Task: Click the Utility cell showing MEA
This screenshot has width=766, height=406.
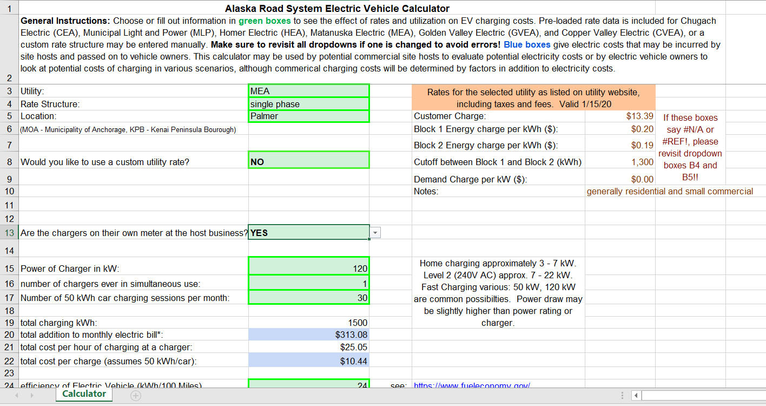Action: pyautogui.click(x=308, y=91)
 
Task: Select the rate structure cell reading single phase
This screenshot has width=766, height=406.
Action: pyautogui.click(x=308, y=104)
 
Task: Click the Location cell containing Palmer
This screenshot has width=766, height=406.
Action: pyautogui.click(x=308, y=116)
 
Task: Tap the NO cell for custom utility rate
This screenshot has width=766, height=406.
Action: pyautogui.click(x=308, y=161)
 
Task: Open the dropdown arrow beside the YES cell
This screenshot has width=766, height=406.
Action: pyautogui.click(x=375, y=233)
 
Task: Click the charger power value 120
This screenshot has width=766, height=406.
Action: pyautogui.click(x=308, y=269)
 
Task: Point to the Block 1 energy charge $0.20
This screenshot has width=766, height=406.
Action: pyautogui.click(x=642, y=129)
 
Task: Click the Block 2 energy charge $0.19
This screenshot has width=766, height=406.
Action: pyautogui.click(x=642, y=145)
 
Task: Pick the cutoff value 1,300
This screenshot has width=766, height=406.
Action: pyautogui.click(x=642, y=162)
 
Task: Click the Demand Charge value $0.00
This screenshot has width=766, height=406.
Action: pyautogui.click(x=642, y=179)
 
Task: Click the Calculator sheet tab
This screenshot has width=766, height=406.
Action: pyautogui.click(x=84, y=394)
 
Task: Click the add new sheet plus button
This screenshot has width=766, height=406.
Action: pyautogui.click(x=136, y=396)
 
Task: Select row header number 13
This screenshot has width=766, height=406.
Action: pyautogui.click(x=9, y=233)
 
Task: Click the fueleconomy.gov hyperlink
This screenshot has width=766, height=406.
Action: pyautogui.click(x=471, y=385)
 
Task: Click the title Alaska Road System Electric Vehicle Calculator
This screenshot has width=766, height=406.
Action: pyautogui.click(x=337, y=8)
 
